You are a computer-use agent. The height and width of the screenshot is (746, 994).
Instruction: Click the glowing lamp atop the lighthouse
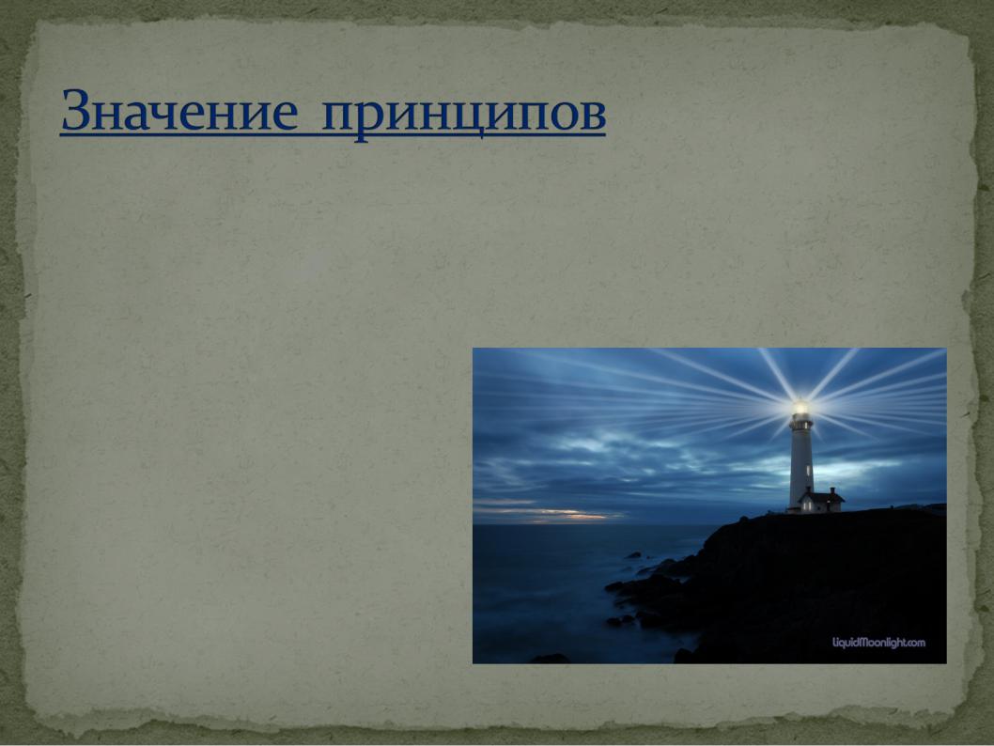pyautogui.click(x=801, y=407)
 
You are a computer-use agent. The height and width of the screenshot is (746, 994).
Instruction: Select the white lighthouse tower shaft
pyautogui.click(x=800, y=466)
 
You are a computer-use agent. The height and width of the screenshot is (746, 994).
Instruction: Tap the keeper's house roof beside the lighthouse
pyautogui.click(x=821, y=495)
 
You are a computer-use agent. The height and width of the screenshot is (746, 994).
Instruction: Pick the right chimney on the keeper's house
pyautogui.click(x=832, y=490)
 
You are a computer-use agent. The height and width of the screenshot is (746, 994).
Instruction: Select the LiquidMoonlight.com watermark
pyautogui.click(x=878, y=643)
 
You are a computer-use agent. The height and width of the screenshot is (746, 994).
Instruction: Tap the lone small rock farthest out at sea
pyautogui.click(x=633, y=555)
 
